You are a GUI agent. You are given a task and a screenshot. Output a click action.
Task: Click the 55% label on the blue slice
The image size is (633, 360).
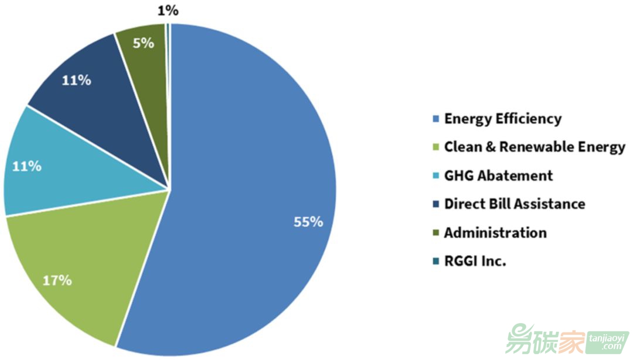tap(308, 222)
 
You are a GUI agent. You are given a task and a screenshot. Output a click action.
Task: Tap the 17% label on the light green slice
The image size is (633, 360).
tap(57, 280)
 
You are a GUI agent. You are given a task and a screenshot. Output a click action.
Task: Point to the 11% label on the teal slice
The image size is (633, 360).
tap(27, 167)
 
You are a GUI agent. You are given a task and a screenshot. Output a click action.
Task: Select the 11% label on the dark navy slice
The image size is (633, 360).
tap(77, 80)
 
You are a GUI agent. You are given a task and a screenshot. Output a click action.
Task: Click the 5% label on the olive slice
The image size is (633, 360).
tap(144, 43)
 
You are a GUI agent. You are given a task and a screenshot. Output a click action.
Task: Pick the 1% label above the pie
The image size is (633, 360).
tap(168, 10)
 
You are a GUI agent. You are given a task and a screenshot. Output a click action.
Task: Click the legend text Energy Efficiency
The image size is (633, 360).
tap(502, 119)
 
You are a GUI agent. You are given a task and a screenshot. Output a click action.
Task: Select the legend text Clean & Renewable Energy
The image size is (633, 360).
tap(534, 147)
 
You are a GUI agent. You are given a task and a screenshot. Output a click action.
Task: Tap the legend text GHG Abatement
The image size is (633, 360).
tap(498, 175)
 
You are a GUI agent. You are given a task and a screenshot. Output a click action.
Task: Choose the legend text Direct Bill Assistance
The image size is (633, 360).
tap(514, 204)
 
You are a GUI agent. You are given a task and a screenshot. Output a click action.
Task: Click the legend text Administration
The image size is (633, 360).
tap(495, 233)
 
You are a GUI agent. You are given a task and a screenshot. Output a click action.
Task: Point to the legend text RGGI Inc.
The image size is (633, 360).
tap(475, 261)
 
